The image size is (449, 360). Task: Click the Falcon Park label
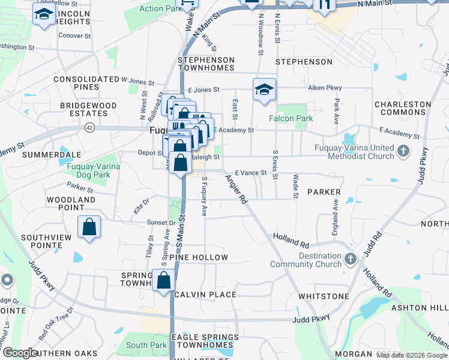[x=291, y=119]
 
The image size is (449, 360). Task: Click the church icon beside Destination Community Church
[x=351, y=260]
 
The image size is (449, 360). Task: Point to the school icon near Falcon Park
[x=264, y=91]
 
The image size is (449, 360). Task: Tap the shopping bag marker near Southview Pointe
[x=89, y=227]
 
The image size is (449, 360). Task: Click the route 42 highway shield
[x=89, y=127]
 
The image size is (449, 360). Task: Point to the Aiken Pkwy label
[x=325, y=88]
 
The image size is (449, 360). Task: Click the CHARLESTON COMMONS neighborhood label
[x=403, y=108]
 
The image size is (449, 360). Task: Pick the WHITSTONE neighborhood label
[x=324, y=296]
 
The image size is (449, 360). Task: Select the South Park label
[x=146, y=345]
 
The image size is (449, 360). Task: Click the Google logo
[x=20, y=353]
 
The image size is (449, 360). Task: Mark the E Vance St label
[x=251, y=173]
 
